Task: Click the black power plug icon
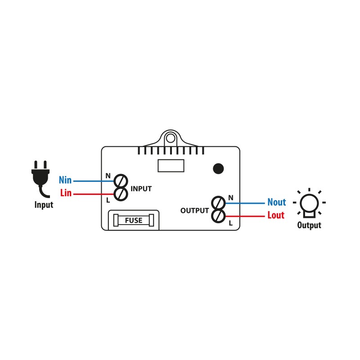click(40, 177)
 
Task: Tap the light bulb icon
click(309, 203)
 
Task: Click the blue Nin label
click(65, 180)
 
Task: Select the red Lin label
click(66, 193)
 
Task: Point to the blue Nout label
click(277, 202)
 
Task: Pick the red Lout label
click(276, 215)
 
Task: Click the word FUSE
click(134, 220)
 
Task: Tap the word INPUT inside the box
click(141, 189)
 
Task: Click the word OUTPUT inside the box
click(194, 211)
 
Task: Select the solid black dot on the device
click(218, 169)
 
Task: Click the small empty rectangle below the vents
click(171, 166)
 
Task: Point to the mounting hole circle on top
click(171, 139)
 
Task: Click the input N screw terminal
click(121, 181)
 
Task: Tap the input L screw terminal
click(121, 194)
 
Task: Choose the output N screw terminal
click(218, 203)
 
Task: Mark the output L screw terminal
click(218, 216)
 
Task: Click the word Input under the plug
click(44, 205)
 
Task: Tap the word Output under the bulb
click(309, 225)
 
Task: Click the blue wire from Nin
click(94, 181)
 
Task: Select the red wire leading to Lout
click(245, 216)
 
